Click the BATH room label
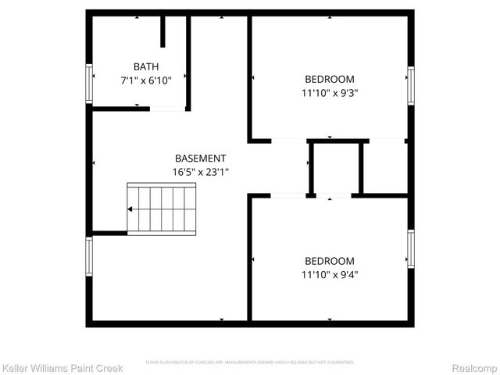click(146, 66)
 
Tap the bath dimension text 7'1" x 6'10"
click(146, 80)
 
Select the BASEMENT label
click(200, 158)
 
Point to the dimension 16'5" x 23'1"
click(200, 171)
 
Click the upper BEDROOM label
click(329, 79)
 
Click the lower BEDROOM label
click(329, 261)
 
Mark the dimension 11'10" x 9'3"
click(329, 92)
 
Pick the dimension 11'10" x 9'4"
click(329, 274)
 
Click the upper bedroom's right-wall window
click(410, 85)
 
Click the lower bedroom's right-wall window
click(410, 249)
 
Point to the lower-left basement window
click(89, 257)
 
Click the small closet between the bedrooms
click(336, 167)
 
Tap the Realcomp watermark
click(476, 367)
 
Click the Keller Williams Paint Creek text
click(62, 367)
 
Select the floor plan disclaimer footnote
click(250, 362)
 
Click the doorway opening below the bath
click(167, 109)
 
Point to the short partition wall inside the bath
click(163, 31)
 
